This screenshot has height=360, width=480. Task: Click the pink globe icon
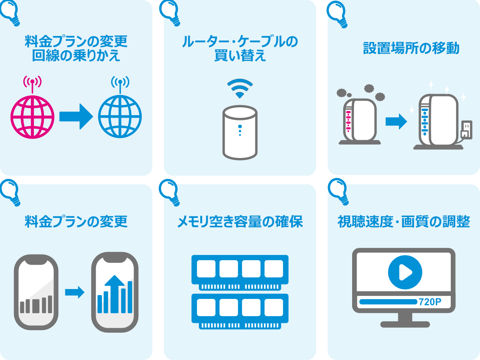coord(32,117)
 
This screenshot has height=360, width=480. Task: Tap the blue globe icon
coord(120,117)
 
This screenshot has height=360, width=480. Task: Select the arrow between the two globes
coord(76,117)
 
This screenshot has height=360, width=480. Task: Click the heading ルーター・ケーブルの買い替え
coord(240,48)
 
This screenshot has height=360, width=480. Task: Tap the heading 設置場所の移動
coord(411,48)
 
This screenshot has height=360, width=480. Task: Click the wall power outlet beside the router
coord(466,130)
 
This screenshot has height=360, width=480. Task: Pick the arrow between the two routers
coord(396,121)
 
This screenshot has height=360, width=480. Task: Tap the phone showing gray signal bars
coord(36,292)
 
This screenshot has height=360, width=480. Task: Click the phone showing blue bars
coord(115,292)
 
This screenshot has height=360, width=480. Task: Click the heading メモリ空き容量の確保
coord(240,222)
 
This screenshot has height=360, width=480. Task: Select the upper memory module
coord(240,272)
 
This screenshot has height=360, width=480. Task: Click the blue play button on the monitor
coord(405,272)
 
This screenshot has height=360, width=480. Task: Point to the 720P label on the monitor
coord(430,302)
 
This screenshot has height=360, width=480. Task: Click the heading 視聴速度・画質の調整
coord(403,222)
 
